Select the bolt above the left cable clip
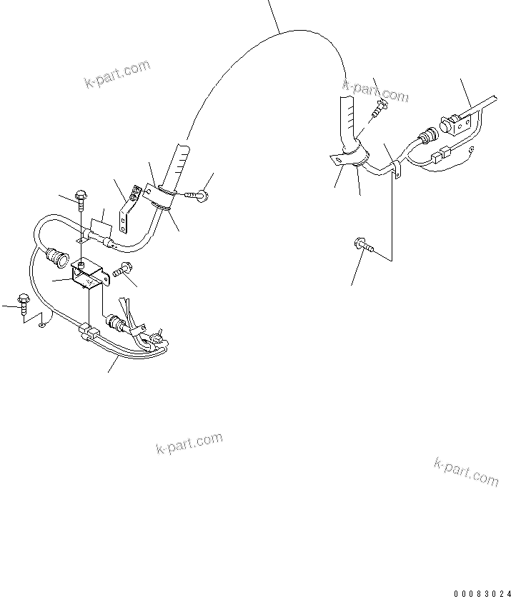[81, 203]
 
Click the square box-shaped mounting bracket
[88, 275]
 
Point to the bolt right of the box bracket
[120, 271]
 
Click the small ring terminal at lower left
[43, 326]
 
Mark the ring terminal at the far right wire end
[472, 149]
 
